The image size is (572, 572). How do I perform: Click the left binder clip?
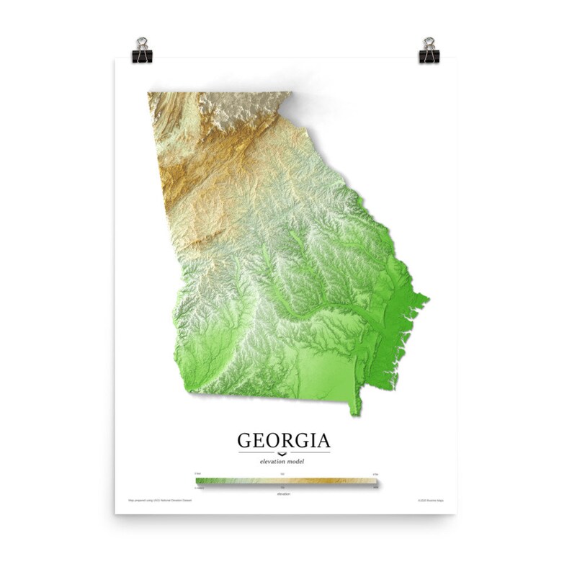(x=141, y=50)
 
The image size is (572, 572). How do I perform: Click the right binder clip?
(x=429, y=50)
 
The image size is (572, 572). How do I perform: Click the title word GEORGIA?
(x=284, y=439)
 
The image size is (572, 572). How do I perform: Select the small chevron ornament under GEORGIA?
(x=283, y=453)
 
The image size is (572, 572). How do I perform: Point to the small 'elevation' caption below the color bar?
(x=284, y=493)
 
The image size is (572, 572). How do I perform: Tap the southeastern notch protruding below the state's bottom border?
(x=354, y=409)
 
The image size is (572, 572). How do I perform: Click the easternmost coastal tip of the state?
(x=428, y=297)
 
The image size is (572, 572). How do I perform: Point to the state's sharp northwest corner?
(x=148, y=94)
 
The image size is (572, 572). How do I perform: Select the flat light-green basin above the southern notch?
(x=324, y=371)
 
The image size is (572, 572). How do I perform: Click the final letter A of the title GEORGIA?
(x=323, y=439)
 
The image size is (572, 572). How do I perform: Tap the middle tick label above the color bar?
(x=282, y=473)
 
